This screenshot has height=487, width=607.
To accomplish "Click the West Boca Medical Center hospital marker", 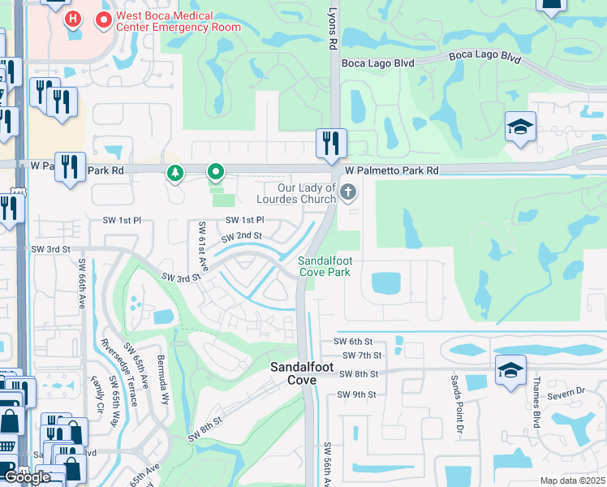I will click(73, 18).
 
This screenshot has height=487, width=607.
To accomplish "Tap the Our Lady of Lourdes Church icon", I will click(349, 192).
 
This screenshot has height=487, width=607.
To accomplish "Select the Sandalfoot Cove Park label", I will click(325, 266).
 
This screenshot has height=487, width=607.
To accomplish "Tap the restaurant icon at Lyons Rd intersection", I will click(331, 143).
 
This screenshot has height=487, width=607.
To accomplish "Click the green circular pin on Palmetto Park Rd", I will click(216, 172).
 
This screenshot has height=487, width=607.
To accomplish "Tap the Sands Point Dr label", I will click(458, 403).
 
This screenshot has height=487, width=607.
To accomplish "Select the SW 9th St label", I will click(357, 394).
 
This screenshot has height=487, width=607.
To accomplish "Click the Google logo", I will click(28, 477).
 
